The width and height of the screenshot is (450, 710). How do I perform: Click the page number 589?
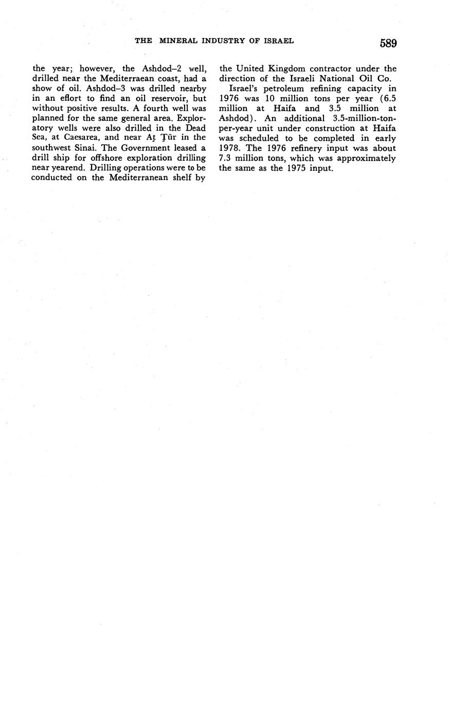coord(388,43)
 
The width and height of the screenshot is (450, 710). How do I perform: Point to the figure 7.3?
coord(226,157)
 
